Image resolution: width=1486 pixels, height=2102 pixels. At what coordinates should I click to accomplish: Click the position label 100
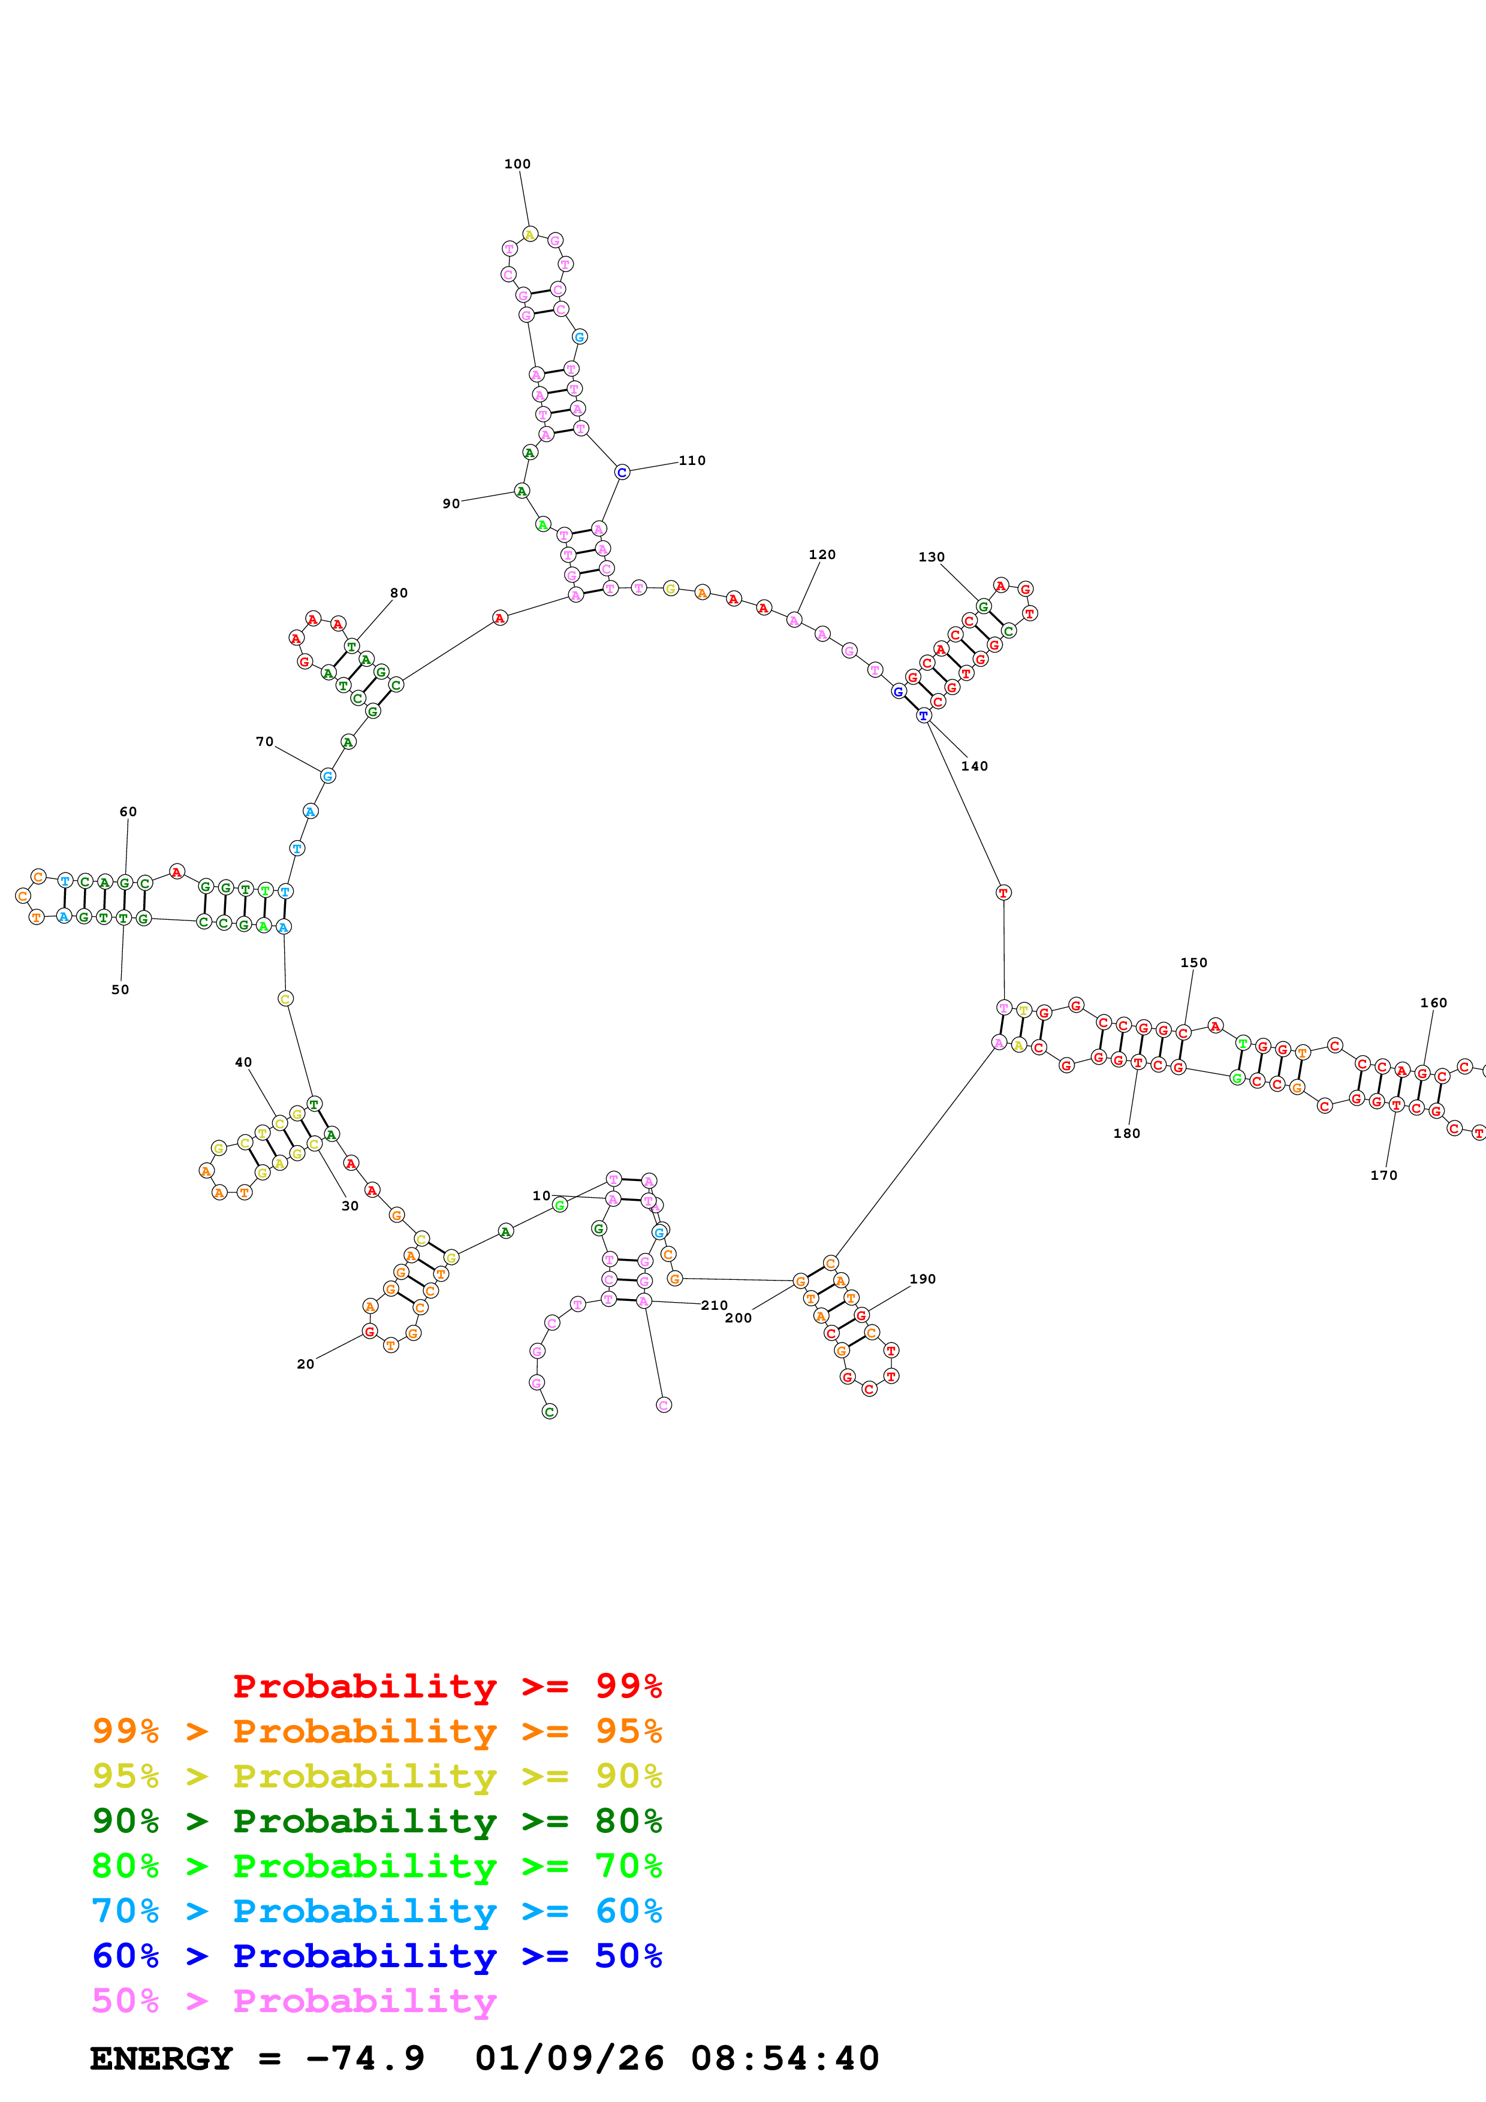coord(517,164)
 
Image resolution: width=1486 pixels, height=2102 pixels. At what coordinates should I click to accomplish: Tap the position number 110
coord(692,461)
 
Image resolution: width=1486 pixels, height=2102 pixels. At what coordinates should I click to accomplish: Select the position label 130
coord(931,557)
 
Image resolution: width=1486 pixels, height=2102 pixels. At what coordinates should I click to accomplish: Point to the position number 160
coord(1434,1002)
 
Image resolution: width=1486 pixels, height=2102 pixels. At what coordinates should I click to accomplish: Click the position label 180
coord(1126,1134)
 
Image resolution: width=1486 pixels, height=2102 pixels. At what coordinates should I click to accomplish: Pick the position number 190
coord(923,1279)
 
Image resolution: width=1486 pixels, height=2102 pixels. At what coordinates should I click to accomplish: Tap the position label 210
coord(714,1306)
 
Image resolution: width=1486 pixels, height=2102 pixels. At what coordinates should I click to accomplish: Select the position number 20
coord(306,1364)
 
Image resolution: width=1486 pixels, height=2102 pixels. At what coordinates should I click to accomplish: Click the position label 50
coord(120,990)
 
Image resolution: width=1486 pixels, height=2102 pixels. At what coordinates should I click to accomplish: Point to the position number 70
coord(264,742)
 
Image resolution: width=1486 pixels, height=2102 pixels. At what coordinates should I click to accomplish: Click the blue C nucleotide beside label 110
coord(622,472)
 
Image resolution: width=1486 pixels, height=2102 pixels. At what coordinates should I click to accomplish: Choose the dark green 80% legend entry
coord(377,1822)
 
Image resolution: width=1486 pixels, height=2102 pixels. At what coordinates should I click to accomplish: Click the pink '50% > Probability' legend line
coord(294,2001)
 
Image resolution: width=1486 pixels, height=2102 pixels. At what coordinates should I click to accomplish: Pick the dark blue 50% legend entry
coord(377,1956)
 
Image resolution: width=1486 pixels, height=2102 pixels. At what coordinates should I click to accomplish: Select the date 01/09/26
coord(569,2059)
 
